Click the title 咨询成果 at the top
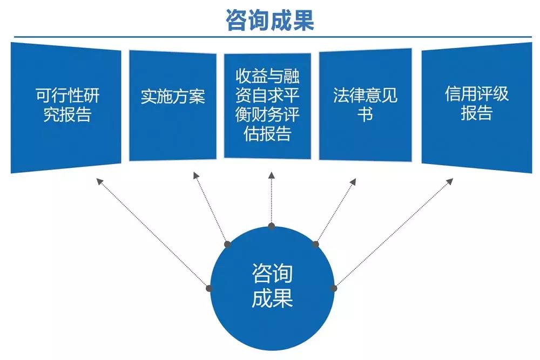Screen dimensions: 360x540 [270, 20]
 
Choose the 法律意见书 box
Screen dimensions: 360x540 [365, 105]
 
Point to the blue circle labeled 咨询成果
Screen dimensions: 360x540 [272, 289]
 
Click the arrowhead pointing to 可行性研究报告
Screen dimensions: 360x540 [99, 181]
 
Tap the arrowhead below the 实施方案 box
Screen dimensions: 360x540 [195, 175]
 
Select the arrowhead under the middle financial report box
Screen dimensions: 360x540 [271, 175]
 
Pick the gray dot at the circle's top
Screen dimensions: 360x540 [272, 226]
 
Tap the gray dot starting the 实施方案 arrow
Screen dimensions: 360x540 [227, 244]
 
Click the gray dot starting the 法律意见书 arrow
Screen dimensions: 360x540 [316, 244]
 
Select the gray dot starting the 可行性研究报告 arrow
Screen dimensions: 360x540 [210, 289]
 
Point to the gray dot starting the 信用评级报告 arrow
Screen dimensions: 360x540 [334, 289]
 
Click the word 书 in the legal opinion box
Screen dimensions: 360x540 [365, 114]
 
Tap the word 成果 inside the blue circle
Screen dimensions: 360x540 [272, 298]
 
